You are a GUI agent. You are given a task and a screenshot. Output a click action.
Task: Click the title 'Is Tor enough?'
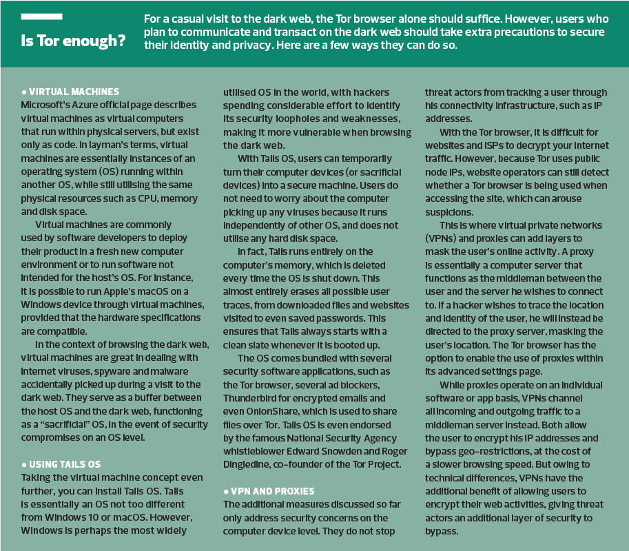coord(73,41)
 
